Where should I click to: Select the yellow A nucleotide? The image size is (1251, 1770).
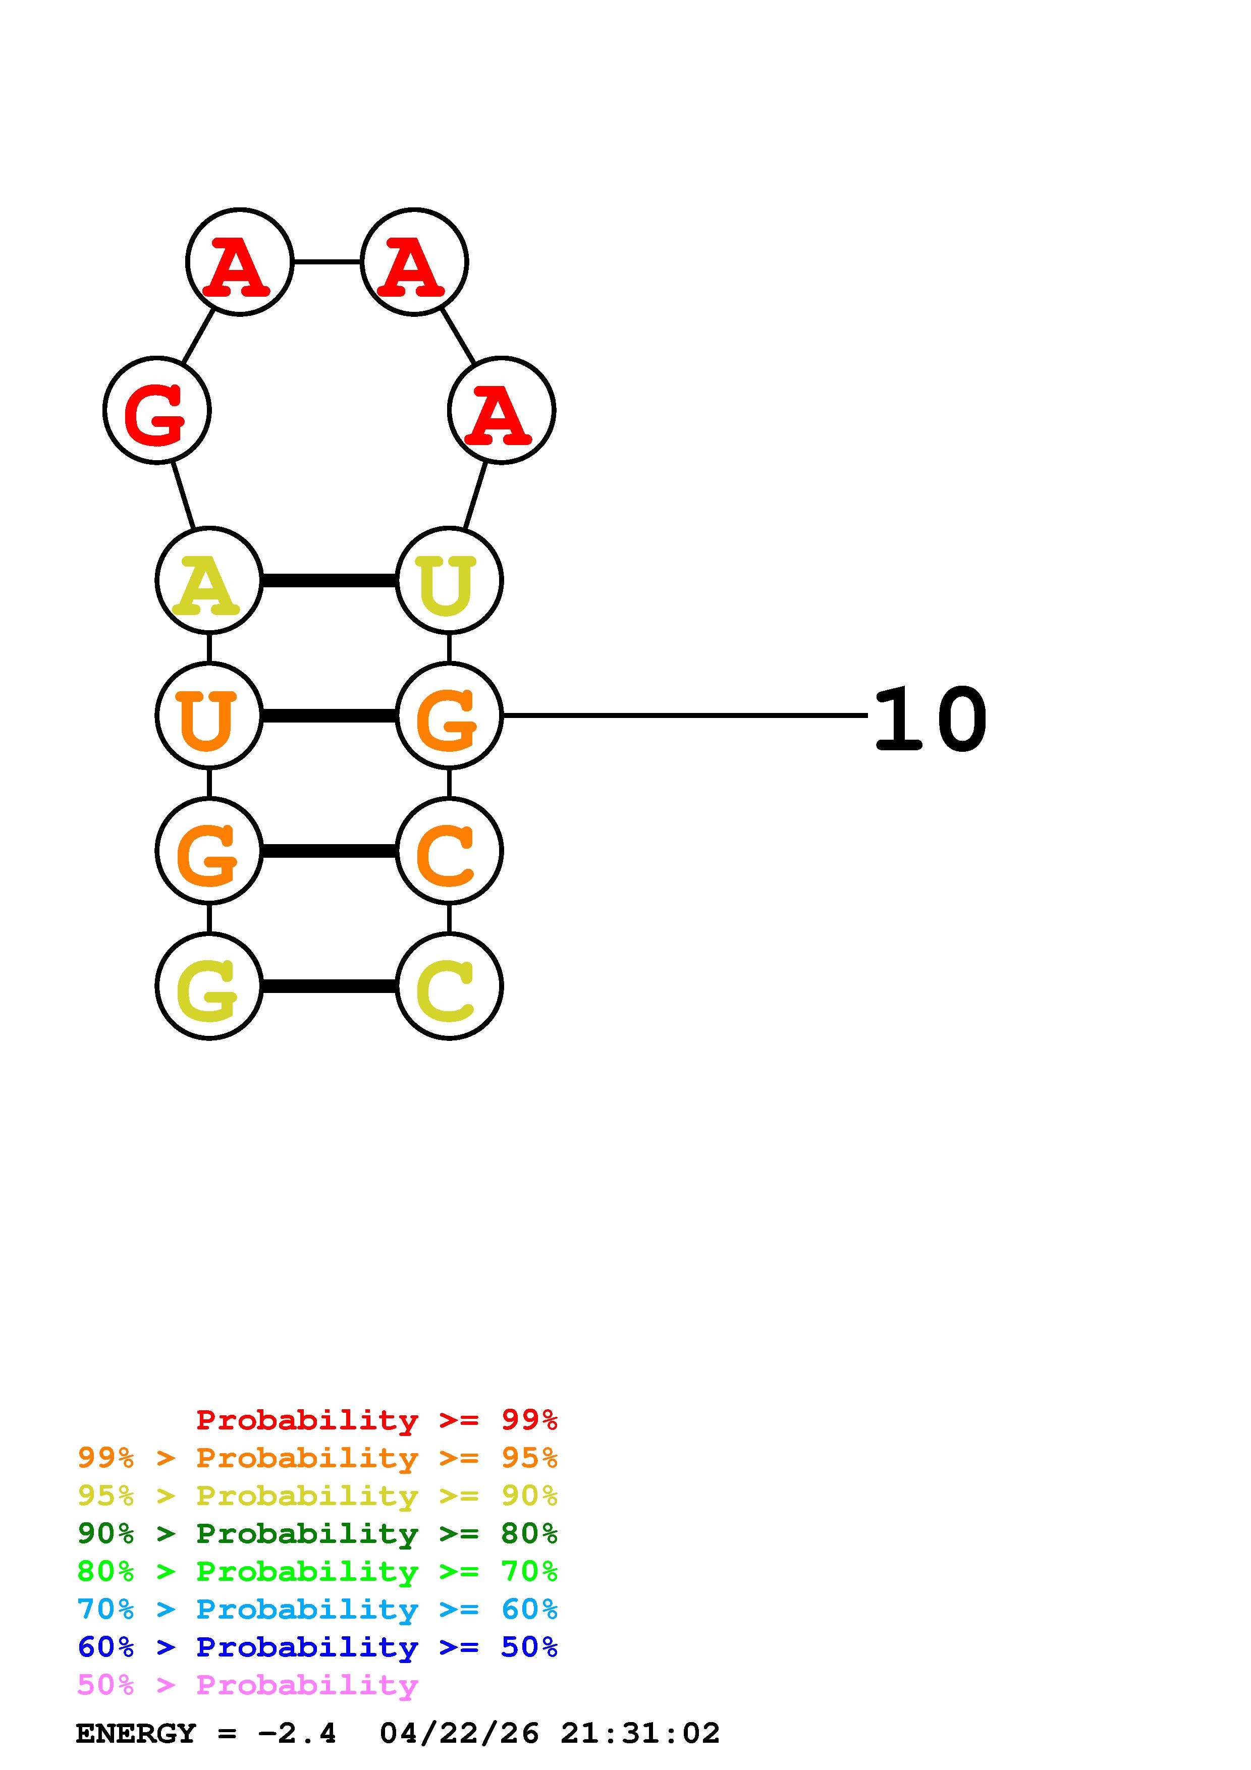coord(209,580)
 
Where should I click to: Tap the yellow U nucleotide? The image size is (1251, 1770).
coord(449,580)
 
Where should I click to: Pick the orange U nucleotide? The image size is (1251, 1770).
coord(209,715)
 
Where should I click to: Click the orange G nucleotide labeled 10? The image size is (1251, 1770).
coord(449,715)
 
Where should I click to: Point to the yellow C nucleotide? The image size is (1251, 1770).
coord(449,986)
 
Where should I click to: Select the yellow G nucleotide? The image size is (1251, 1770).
coord(209,986)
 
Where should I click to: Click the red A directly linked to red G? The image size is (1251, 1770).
coord(240,262)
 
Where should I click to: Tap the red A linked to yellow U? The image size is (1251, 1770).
coord(501,410)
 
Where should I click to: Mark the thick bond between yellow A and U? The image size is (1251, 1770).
coord(329,580)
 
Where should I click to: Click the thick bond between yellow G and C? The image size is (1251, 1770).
coord(329,986)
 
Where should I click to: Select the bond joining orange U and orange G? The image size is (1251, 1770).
coord(329,716)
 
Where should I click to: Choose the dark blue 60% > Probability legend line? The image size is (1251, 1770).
coord(317,1647)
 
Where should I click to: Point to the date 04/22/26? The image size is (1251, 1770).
coord(459,1733)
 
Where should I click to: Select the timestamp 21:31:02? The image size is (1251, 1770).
coord(640,1733)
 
